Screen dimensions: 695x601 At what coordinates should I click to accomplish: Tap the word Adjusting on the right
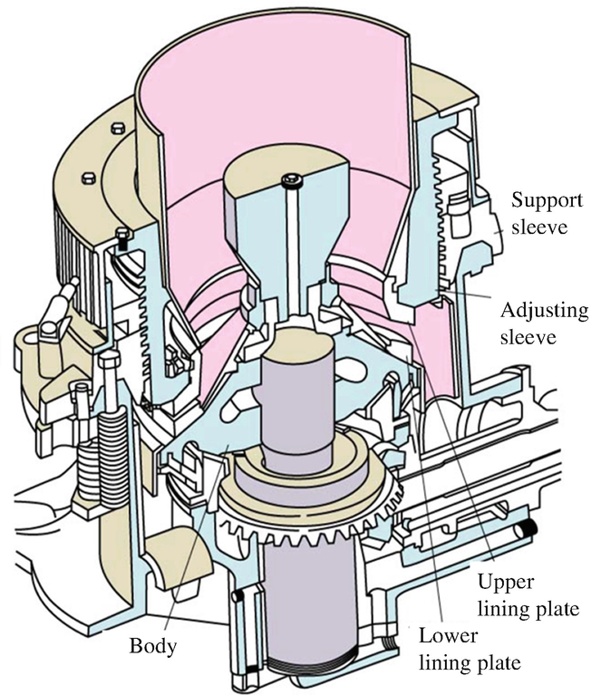click(545, 311)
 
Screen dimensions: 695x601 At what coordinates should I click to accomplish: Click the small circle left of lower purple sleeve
click(238, 595)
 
